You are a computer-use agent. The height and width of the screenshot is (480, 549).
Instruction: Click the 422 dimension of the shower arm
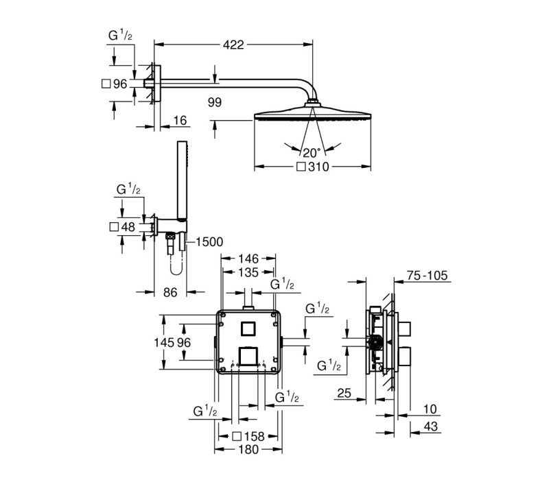click(x=233, y=45)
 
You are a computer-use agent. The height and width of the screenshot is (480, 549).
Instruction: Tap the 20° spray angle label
click(x=312, y=153)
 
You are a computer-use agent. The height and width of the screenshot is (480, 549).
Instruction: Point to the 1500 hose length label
click(x=209, y=242)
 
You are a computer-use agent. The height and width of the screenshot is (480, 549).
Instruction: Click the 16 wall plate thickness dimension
click(x=180, y=121)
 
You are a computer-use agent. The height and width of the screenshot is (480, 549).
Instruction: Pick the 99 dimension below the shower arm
click(x=215, y=102)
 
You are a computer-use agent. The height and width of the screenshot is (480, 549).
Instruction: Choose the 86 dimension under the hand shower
click(x=170, y=292)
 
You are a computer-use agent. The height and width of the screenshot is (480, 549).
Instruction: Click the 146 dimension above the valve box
click(x=248, y=259)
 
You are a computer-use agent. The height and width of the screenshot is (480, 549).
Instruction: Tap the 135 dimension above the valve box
click(x=248, y=272)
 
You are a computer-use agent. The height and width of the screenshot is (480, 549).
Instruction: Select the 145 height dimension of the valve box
click(x=164, y=342)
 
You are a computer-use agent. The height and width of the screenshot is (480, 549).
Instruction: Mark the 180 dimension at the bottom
click(x=248, y=450)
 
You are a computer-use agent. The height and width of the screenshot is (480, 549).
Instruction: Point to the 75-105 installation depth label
click(x=427, y=276)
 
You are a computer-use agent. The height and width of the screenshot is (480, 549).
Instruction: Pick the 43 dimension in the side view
click(x=431, y=426)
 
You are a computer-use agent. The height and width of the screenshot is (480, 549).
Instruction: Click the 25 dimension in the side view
click(x=344, y=393)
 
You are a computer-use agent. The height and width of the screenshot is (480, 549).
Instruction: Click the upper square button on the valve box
click(x=248, y=328)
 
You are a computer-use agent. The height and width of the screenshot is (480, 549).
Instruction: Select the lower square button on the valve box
click(x=248, y=357)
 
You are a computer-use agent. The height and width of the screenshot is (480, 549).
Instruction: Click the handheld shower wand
click(x=183, y=181)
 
